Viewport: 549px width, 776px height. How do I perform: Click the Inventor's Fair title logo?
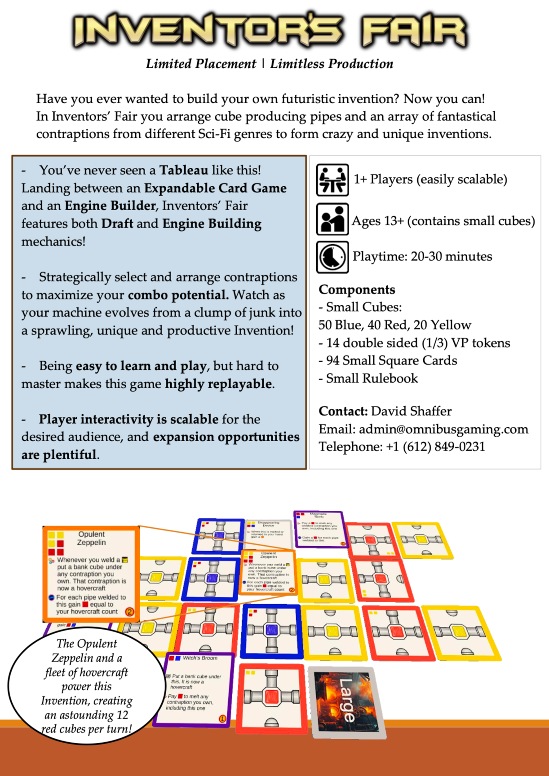(270, 31)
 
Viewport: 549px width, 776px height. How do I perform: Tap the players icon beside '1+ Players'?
(332, 180)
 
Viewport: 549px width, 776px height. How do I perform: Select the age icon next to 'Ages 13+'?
(332, 219)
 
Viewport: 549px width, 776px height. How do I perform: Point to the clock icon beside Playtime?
(332, 257)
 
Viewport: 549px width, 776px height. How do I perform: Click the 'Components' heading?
(357, 289)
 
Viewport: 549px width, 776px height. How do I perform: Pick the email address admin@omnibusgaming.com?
(443, 429)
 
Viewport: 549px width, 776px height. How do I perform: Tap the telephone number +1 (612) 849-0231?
(435, 447)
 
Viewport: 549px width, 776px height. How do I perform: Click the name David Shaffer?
(411, 411)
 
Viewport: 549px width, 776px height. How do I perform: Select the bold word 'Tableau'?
(184, 170)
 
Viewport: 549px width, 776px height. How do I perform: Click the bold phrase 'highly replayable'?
(219, 384)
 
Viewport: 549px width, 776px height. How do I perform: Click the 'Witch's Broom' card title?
(200, 658)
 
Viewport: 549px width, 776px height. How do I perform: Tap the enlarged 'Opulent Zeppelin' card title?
(92, 538)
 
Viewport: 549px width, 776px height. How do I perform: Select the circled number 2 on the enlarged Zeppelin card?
(129, 612)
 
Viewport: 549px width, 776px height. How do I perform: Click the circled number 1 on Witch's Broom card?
(222, 719)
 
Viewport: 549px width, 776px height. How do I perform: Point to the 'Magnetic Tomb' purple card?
(319, 530)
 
